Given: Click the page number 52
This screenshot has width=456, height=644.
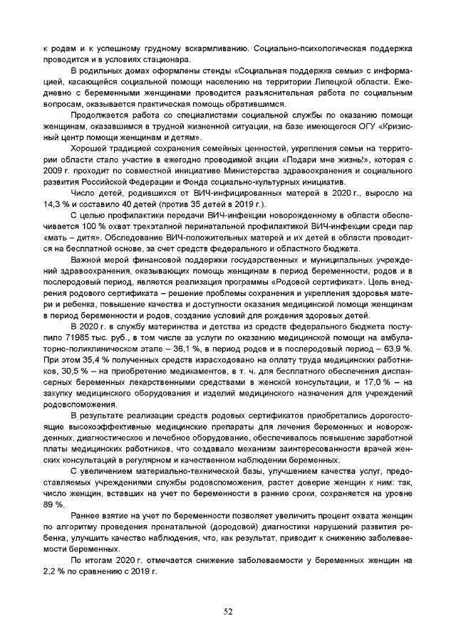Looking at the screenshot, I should click(228, 611).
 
